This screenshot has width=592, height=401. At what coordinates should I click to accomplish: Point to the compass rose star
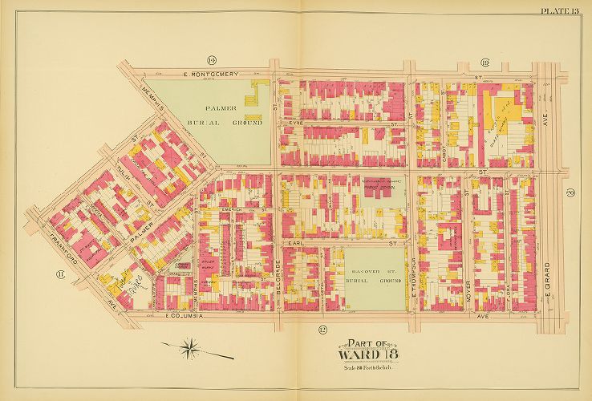192,346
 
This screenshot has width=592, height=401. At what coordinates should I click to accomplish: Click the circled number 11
60,275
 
